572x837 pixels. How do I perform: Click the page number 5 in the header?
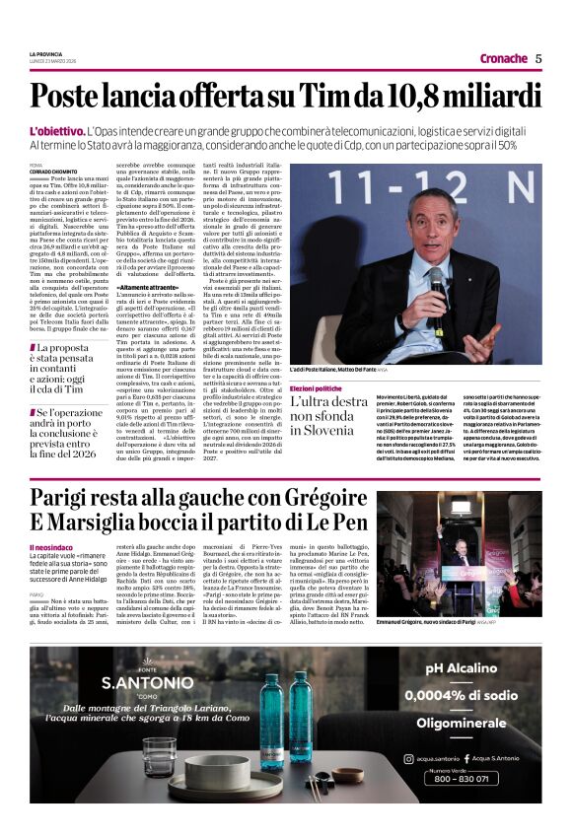[x=538, y=58]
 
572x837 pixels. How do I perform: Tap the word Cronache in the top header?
[x=503, y=58]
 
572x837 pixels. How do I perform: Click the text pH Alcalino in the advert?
[x=475, y=667]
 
